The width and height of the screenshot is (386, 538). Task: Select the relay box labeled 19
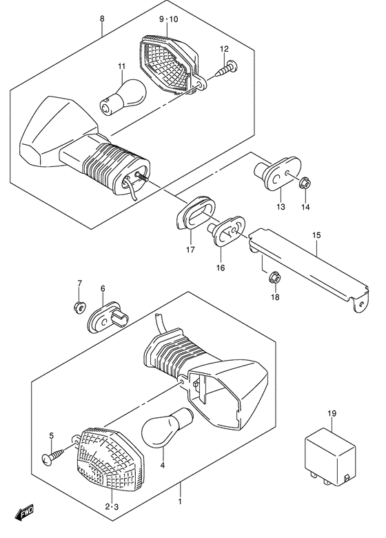click(x=330, y=457)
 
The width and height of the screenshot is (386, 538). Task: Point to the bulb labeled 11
click(x=123, y=96)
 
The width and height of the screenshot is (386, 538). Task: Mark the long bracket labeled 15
click(x=309, y=270)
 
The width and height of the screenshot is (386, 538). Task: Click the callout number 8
click(x=102, y=19)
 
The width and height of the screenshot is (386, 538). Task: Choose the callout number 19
click(x=332, y=413)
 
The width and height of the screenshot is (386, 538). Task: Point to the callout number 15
click(x=316, y=235)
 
